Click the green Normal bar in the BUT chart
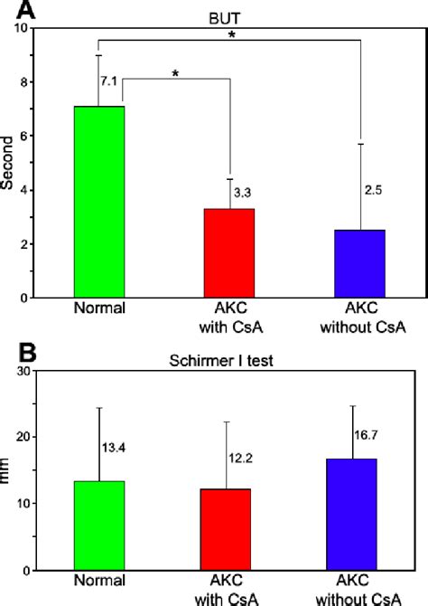click(98, 202)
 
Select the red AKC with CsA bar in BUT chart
click(231, 252)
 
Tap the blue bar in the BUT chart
click(360, 263)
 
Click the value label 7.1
click(109, 82)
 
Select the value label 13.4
click(114, 446)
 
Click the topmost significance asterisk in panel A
click(232, 35)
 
